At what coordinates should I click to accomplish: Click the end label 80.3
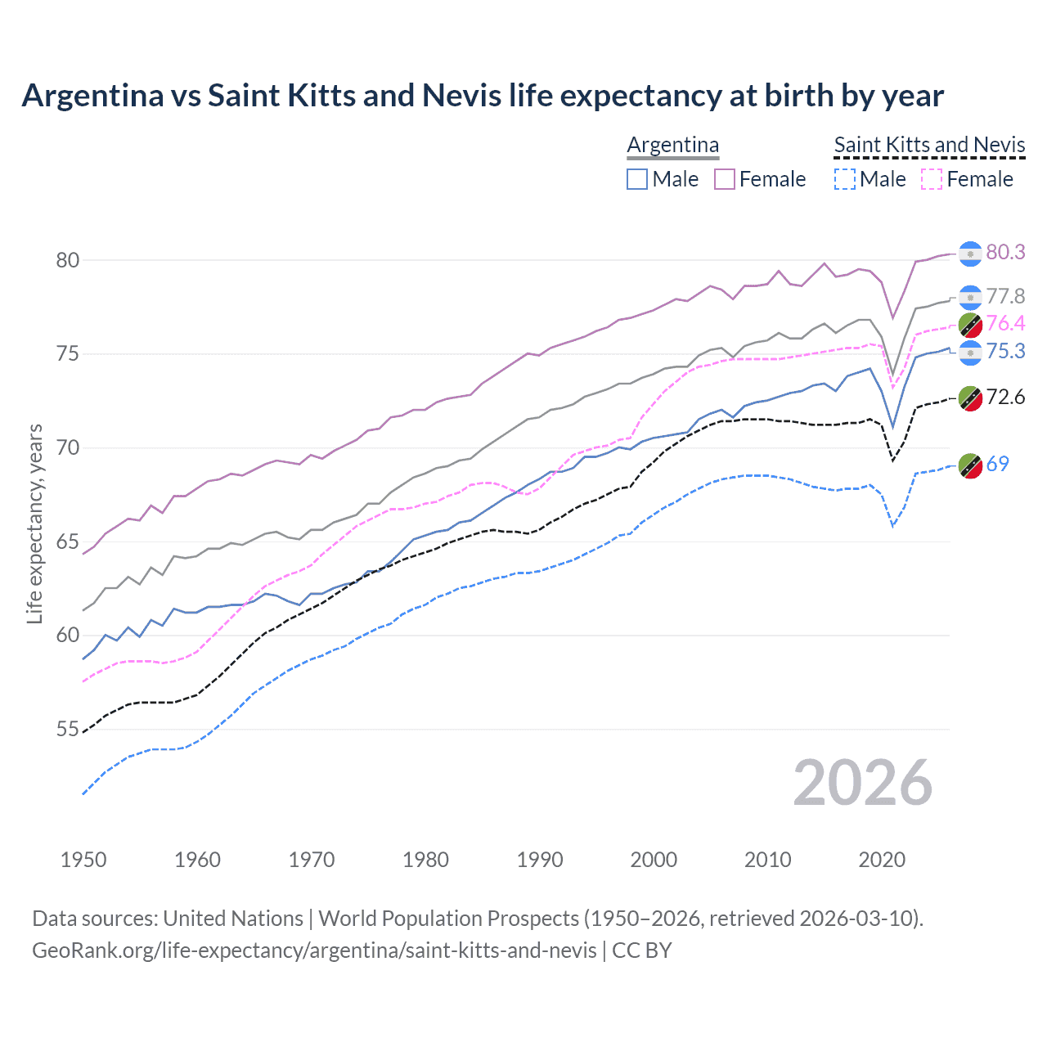point(1005,253)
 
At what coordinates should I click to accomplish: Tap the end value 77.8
point(1005,296)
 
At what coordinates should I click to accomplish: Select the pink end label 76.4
point(1005,324)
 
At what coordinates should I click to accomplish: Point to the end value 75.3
point(1005,352)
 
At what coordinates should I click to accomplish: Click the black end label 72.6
point(1005,398)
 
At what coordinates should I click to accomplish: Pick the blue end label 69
point(997,465)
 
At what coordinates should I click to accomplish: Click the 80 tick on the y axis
point(67,261)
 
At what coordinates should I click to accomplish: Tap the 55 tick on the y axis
point(67,730)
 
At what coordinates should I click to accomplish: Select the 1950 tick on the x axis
point(83,860)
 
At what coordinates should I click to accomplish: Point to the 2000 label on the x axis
point(654,860)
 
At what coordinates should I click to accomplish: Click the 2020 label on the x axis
point(882,860)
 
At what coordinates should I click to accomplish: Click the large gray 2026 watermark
point(862,784)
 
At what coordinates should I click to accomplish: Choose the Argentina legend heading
point(672,145)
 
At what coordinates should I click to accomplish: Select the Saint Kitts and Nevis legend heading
point(929,145)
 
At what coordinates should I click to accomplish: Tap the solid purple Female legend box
point(725,179)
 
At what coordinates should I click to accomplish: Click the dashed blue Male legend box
point(844,179)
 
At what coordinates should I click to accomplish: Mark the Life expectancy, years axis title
point(34,523)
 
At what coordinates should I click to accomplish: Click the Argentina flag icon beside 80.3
point(970,254)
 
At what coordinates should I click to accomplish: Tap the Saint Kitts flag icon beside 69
point(970,465)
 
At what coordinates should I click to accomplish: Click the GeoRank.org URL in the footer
point(314,950)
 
